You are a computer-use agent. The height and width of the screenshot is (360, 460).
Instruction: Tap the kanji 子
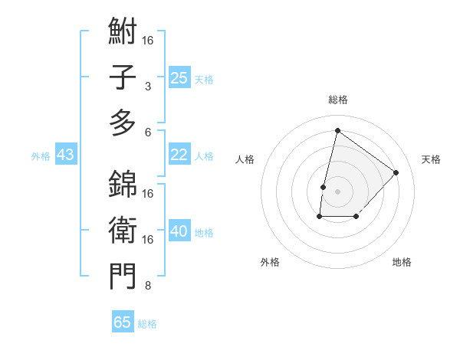[123, 77]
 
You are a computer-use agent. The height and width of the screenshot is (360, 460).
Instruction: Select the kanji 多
[123, 122]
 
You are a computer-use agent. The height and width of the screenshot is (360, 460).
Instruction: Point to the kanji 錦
[123, 184]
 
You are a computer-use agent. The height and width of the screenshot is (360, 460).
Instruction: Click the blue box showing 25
[179, 77]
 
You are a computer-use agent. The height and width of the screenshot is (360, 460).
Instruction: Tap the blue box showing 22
[179, 155]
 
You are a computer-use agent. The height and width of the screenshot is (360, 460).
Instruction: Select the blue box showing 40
[179, 231]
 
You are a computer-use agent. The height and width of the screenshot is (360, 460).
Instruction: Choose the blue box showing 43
[65, 155]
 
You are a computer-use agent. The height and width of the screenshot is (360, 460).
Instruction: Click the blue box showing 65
[123, 322]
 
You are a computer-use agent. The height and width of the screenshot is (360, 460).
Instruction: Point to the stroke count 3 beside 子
[147, 87]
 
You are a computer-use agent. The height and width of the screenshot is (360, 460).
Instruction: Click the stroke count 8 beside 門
[147, 286]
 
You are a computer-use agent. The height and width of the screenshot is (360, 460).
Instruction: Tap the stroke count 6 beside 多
[147, 132]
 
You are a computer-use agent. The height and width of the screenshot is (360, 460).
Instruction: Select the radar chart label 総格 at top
[337, 100]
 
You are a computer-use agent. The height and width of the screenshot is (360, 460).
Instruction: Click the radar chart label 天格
[431, 159]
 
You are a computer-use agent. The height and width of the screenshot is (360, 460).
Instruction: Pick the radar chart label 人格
[245, 159]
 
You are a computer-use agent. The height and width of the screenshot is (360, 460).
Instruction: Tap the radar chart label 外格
[270, 262]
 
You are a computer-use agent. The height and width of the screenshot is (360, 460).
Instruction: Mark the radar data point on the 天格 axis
[396, 172]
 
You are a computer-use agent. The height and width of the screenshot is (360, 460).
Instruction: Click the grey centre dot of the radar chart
[337, 191]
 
